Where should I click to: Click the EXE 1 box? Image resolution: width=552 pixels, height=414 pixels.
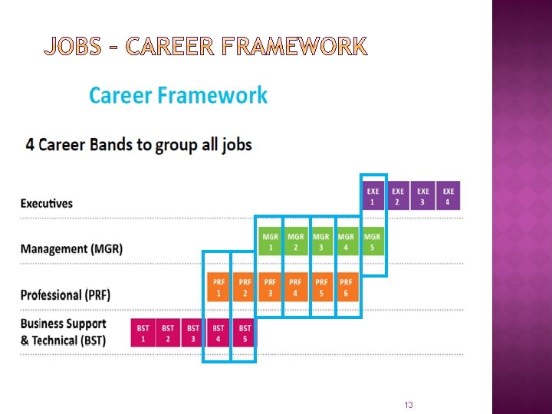point(373,196)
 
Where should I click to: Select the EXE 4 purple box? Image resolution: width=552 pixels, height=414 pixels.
point(449,196)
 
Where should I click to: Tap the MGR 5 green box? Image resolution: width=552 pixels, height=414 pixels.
point(373,242)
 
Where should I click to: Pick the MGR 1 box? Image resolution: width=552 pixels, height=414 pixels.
point(270,242)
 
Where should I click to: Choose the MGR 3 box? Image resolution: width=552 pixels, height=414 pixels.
point(321,242)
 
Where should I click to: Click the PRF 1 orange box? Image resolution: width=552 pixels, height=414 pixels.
point(219,287)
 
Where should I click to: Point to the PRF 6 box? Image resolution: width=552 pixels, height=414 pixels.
point(347,287)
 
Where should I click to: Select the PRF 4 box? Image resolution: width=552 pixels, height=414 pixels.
point(295,287)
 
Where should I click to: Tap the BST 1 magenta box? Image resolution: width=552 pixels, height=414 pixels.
point(143,333)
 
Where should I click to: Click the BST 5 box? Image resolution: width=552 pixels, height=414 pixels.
point(244,333)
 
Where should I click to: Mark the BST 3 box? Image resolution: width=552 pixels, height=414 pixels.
point(193,333)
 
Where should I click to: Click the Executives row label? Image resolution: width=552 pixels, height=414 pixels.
point(47,203)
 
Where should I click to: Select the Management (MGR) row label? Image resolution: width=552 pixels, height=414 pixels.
point(71,249)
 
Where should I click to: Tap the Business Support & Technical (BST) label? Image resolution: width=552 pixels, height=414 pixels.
point(64,332)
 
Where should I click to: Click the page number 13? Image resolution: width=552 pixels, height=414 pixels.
point(409,405)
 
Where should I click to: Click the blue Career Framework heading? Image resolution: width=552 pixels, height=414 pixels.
point(178,96)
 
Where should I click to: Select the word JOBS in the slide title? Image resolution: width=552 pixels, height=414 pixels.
point(72,48)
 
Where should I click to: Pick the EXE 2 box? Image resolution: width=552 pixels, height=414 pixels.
point(398,196)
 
